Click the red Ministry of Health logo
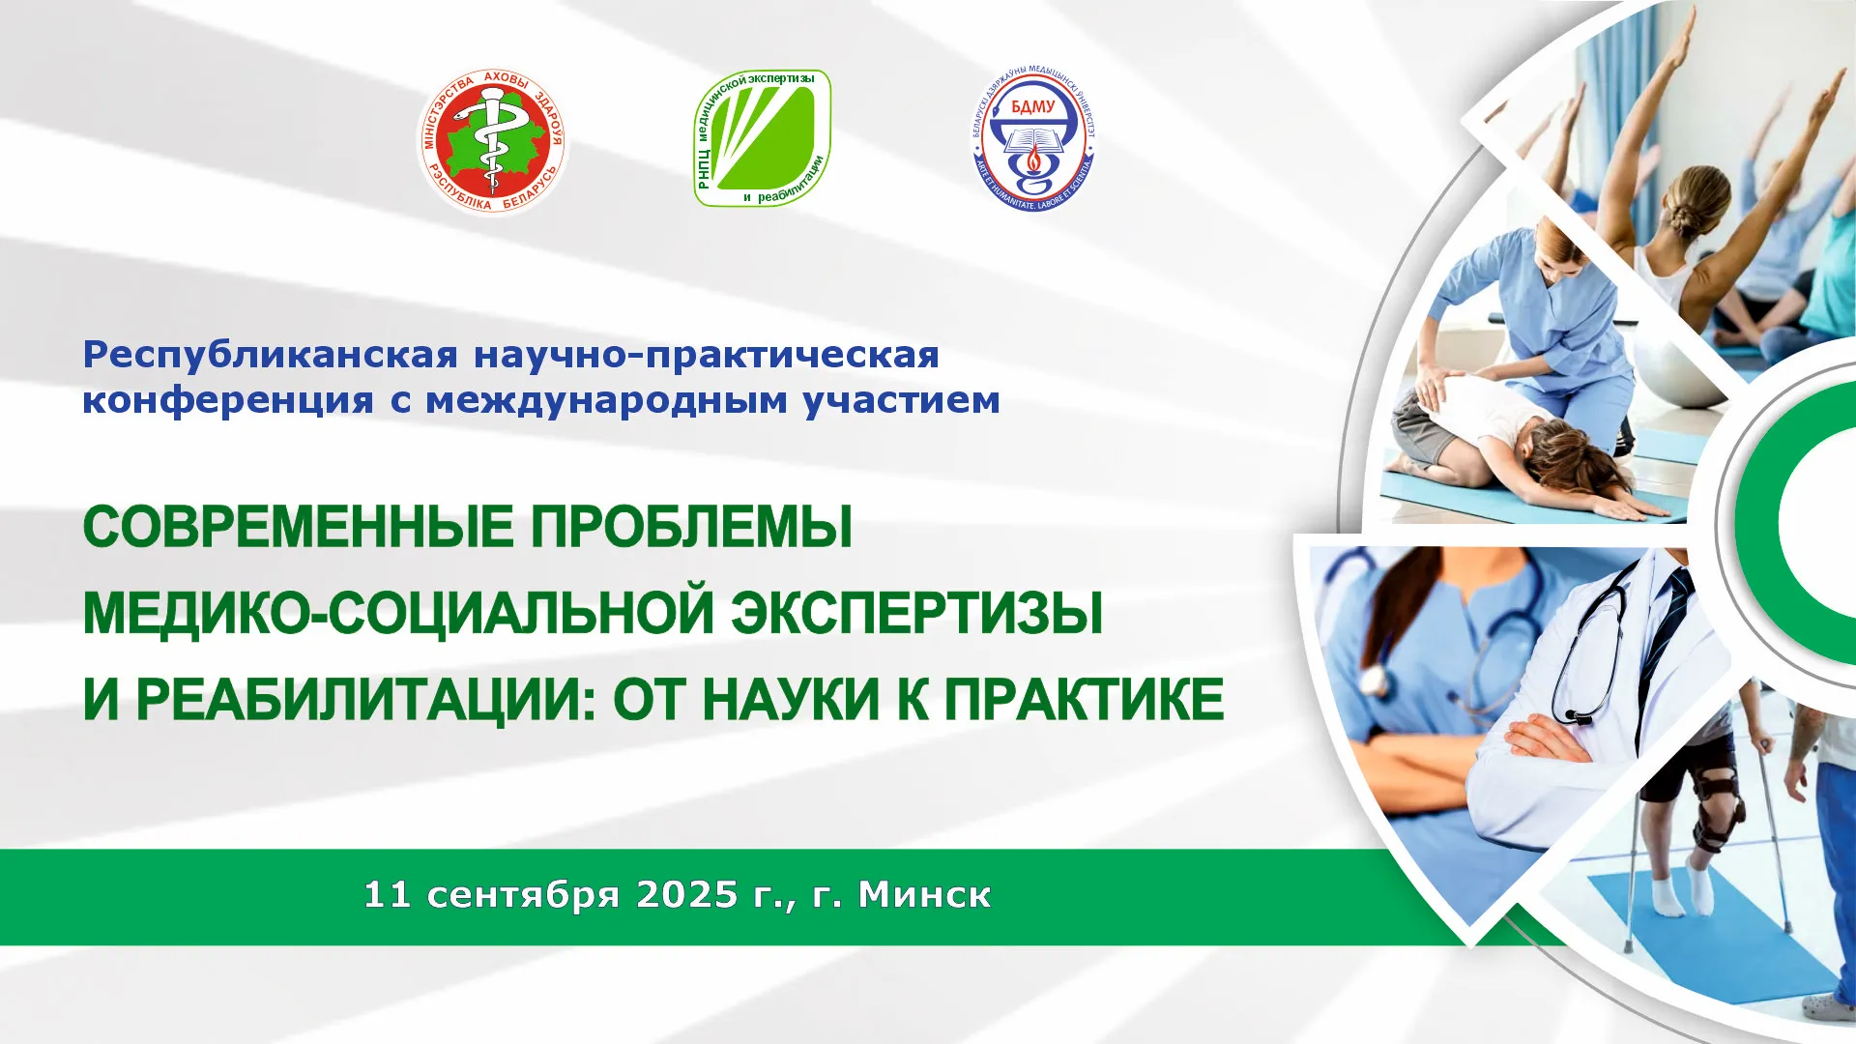493,141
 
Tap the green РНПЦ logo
763,137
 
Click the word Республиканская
270,356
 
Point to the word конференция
227,400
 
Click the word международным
607,400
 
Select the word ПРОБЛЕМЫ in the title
692,528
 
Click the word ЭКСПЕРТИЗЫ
916,614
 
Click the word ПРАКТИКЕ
1084,700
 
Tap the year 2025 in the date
687,894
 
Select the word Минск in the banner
924,894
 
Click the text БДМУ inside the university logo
1032,106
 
